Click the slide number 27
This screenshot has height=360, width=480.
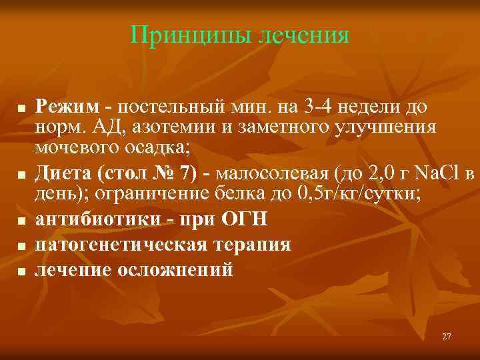[446, 337]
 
